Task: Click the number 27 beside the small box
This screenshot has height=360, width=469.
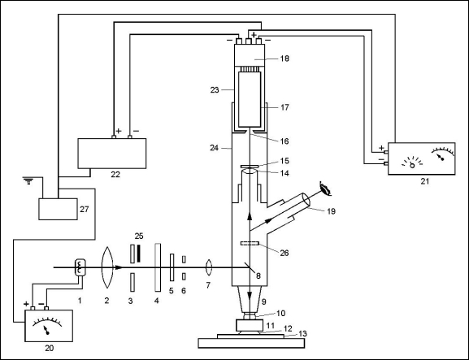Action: (x=85, y=209)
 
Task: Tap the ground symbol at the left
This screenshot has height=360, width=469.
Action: (x=28, y=180)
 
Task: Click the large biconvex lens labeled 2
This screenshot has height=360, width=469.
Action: (x=107, y=267)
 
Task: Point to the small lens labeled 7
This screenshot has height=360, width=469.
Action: (x=208, y=267)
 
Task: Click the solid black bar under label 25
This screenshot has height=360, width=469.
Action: (x=138, y=254)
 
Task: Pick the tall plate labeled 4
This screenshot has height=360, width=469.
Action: (x=158, y=267)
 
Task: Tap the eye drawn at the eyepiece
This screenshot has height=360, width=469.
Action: (x=325, y=189)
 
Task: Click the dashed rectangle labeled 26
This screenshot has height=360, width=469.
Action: (x=250, y=244)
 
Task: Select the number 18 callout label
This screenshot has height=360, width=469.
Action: (x=284, y=59)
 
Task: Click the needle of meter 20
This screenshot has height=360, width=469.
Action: (x=46, y=331)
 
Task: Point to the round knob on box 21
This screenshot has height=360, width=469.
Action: (x=412, y=165)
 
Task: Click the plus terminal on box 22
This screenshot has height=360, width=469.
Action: (x=114, y=137)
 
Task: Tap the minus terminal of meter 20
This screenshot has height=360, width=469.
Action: (x=46, y=308)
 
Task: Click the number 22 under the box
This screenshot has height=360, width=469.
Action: (x=115, y=175)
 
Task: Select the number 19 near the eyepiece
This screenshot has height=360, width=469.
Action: (x=331, y=211)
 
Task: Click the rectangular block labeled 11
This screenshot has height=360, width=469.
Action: (x=250, y=325)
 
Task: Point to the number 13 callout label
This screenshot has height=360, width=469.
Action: (x=302, y=334)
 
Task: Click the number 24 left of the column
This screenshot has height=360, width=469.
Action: (x=214, y=148)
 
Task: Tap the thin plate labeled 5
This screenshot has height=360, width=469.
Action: (x=172, y=267)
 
